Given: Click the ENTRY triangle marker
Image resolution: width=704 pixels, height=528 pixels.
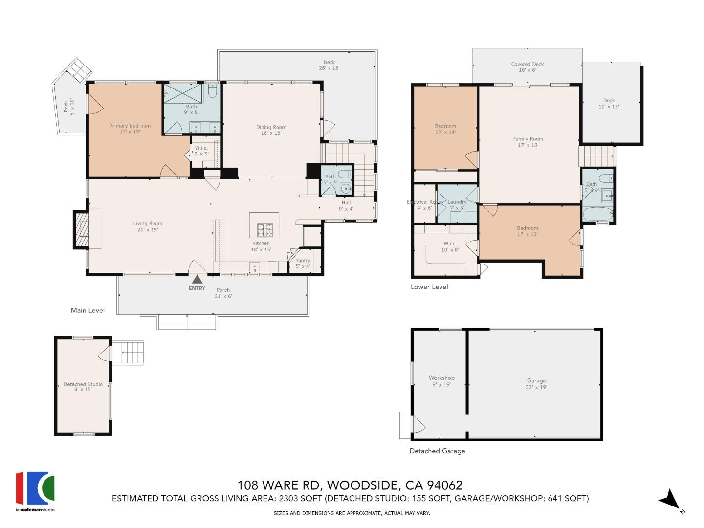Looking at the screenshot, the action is click(x=197, y=279).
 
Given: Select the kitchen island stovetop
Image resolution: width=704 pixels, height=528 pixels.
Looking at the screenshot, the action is click(x=264, y=230).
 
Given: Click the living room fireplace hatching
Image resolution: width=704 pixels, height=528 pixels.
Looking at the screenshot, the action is click(x=82, y=229).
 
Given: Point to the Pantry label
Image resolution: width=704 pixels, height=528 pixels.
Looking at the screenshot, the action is click(x=303, y=260).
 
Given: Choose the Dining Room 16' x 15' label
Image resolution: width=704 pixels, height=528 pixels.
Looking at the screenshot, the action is click(x=271, y=130).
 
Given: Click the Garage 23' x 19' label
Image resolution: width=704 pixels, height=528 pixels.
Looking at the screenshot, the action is click(x=536, y=384).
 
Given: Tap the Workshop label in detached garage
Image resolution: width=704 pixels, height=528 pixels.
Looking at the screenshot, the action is click(x=441, y=378).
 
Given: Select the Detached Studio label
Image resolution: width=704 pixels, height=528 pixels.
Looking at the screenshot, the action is click(x=83, y=384).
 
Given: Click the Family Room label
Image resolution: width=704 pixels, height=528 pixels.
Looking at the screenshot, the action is click(x=528, y=139).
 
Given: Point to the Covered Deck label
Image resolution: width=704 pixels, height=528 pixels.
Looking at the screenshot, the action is click(x=528, y=64).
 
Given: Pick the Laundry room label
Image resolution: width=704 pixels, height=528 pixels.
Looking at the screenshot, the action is click(x=457, y=202).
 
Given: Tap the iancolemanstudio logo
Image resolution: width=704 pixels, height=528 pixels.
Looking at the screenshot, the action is click(x=35, y=491).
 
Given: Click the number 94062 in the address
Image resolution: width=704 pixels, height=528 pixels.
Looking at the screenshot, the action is click(x=444, y=485).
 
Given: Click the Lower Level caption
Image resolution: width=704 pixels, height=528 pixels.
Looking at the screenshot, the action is click(x=429, y=287).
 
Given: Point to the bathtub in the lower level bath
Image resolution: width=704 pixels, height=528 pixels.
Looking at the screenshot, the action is click(x=598, y=214).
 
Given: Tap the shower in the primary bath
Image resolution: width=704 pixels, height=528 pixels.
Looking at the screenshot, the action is click(x=183, y=93).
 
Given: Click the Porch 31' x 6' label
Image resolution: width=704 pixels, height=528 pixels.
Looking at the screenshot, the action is click(x=223, y=293).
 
